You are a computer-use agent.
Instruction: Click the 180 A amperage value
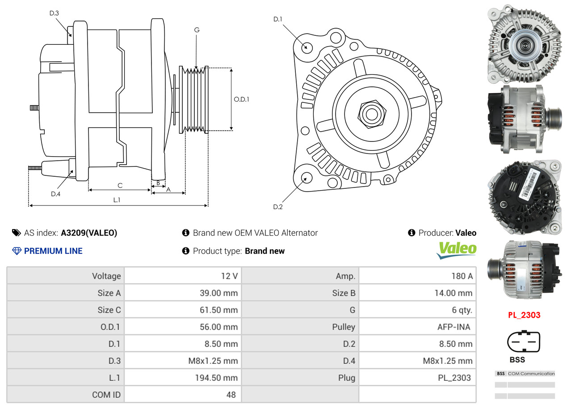pyautogui.click(x=462, y=276)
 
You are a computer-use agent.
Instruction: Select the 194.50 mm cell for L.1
pyautogui.click(x=216, y=378)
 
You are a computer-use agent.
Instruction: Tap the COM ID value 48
pyautogui.click(x=231, y=395)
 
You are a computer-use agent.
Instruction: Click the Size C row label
pyautogui.click(x=109, y=310)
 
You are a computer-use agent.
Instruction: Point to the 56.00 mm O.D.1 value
pyautogui.click(x=219, y=327)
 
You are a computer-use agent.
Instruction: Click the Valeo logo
pyautogui.click(x=456, y=250)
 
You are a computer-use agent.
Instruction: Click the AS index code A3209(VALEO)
pyautogui.click(x=89, y=233)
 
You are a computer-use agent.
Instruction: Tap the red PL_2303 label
pyautogui.click(x=524, y=315)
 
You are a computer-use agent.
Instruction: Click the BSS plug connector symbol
pyautogui.click(x=524, y=341)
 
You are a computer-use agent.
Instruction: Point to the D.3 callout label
pyautogui.click(x=54, y=13)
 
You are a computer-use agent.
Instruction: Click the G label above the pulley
pyautogui.click(x=197, y=30)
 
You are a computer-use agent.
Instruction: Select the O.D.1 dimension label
pyautogui.click(x=241, y=99)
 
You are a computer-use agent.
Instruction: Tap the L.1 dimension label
pyautogui.click(x=117, y=200)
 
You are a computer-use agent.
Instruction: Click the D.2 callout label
pyautogui.click(x=277, y=207)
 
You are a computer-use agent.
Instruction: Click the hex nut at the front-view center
pyautogui.click(x=372, y=114)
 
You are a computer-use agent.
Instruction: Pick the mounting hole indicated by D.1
pyautogui.click(x=307, y=48)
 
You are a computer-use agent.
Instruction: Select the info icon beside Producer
pyautogui.click(x=412, y=233)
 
